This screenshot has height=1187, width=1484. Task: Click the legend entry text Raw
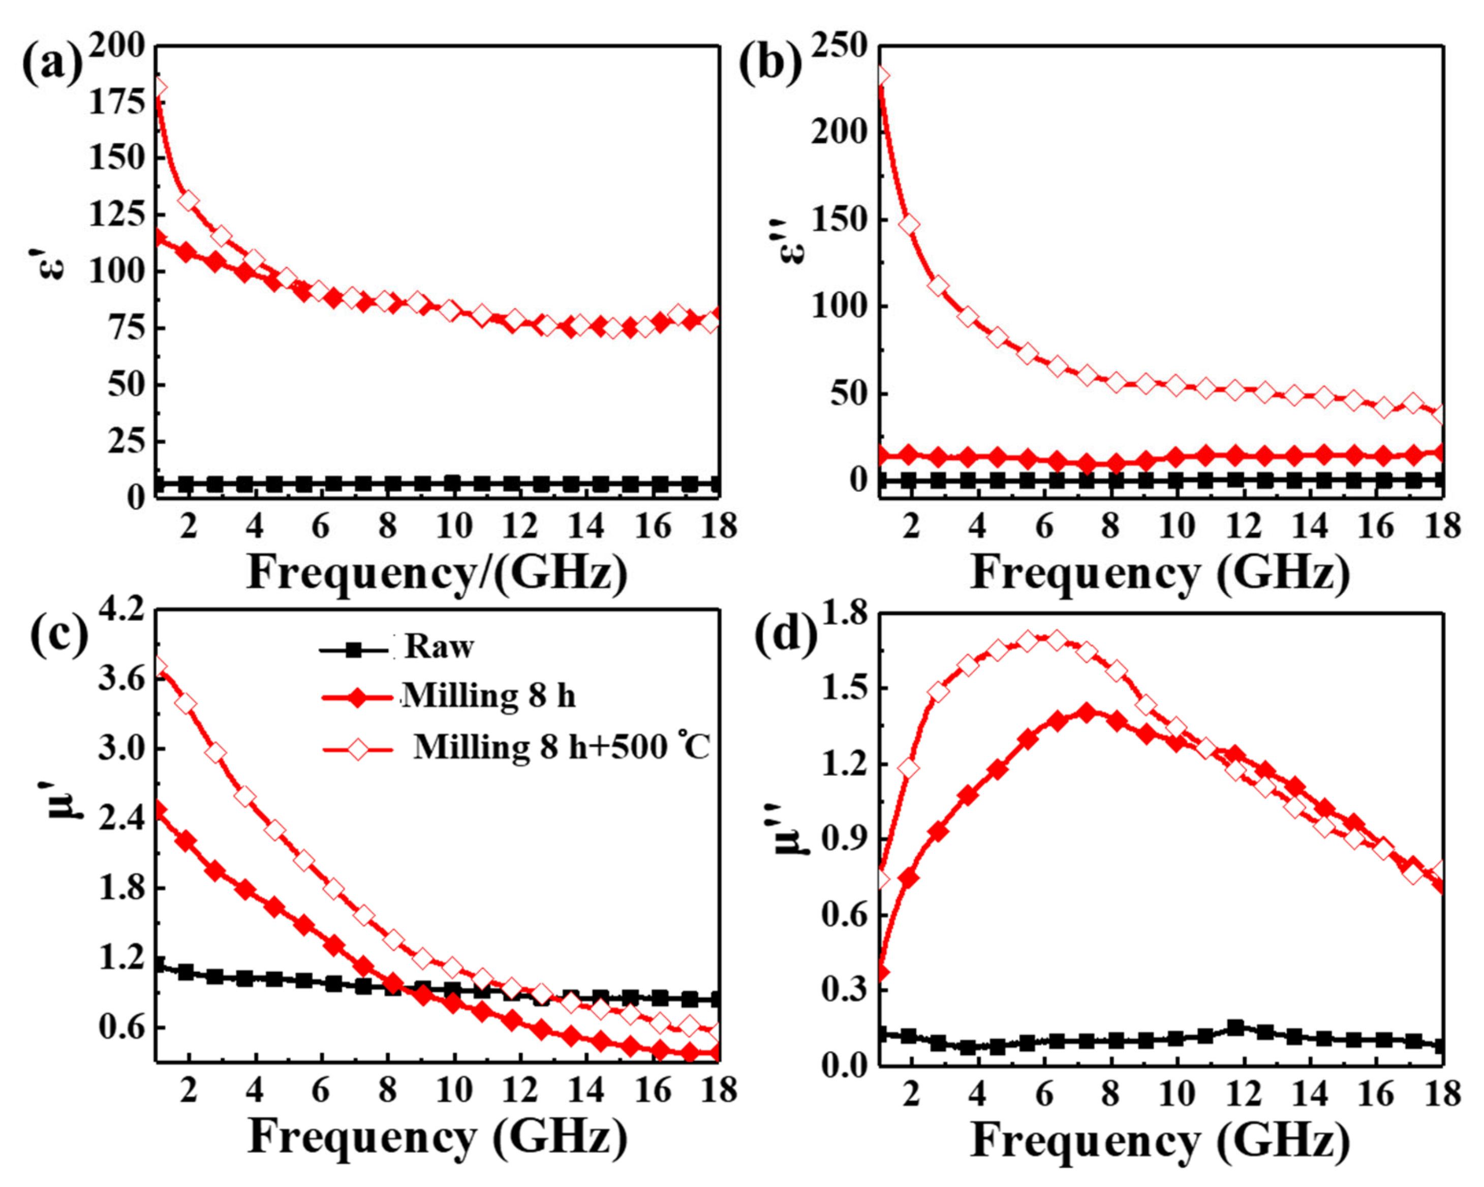[x=439, y=647]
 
